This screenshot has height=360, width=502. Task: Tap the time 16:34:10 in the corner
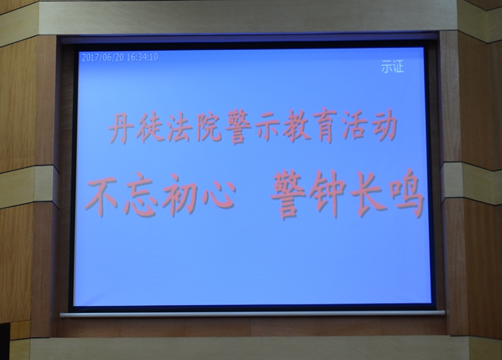pos(143,57)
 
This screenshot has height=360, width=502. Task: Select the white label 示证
pos(392,67)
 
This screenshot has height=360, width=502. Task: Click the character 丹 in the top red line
pos(121,128)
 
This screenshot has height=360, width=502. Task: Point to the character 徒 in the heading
pos(150,127)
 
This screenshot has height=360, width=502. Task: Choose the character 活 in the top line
pos(354,125)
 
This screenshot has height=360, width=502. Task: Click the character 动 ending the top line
pos(384,125)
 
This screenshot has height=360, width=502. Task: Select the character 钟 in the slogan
pos(327,194)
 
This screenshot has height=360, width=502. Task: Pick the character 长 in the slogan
pos(367,193)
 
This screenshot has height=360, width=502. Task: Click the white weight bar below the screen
pos(253,313)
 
